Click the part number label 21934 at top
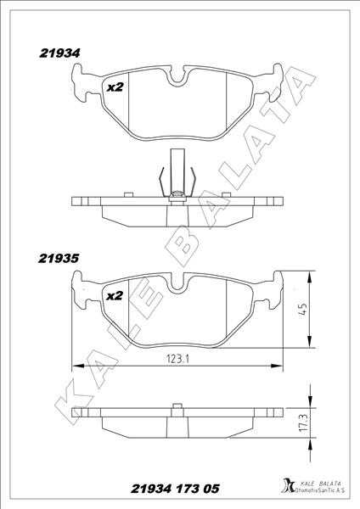[59, 53]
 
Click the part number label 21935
[59, 259]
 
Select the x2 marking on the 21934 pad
[115, 87]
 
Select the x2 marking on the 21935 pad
[115, 296]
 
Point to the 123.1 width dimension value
[178, 359]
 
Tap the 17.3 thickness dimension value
[303, 422]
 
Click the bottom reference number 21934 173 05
[175, 489]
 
